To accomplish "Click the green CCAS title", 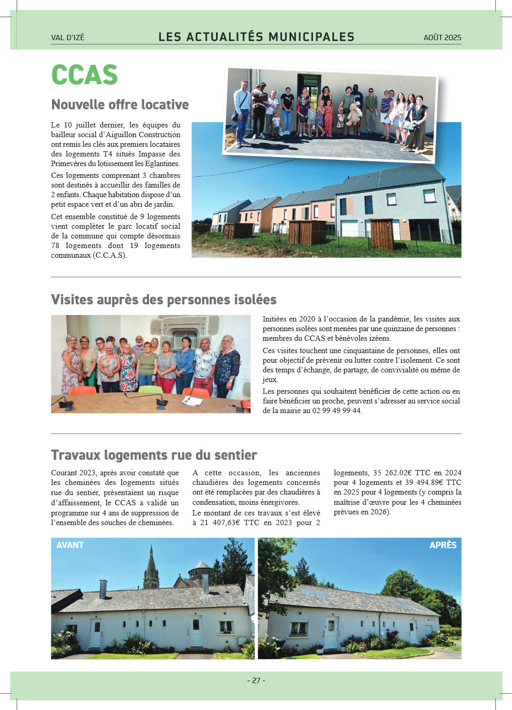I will [84, 75].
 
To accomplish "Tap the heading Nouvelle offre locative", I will [120, 104].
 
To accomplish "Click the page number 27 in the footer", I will [256, 681].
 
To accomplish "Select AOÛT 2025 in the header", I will [442, 38].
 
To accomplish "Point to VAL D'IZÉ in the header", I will [68, 38].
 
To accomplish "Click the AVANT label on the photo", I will [70, 545].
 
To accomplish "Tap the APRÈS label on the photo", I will [443, 545].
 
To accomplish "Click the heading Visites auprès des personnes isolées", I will [164, 300].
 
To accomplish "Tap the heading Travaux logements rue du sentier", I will [154, 455].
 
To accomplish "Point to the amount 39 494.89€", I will [422, 482].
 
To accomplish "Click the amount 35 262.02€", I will [393, 473].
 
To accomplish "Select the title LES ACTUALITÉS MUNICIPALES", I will [256, 37].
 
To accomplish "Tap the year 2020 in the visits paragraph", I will [307, 319].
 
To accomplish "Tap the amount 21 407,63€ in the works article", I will [220, 522].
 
